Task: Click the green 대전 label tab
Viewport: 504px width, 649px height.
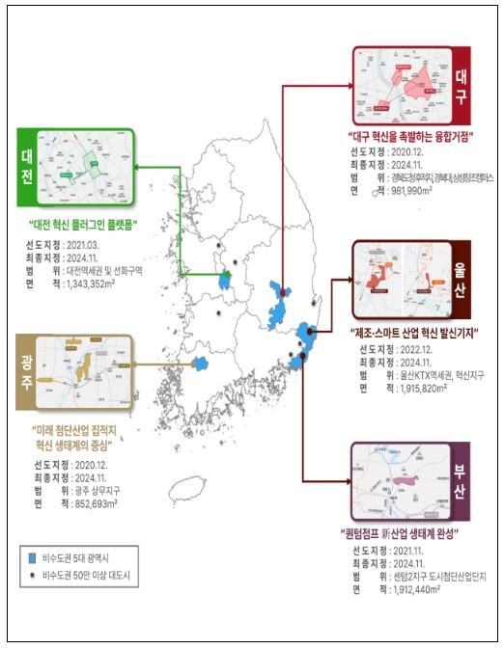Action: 26,166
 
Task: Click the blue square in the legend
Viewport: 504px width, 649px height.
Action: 33,557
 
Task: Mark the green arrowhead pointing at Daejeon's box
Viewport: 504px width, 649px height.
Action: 136,166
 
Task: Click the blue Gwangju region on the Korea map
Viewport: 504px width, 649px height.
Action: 202,364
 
